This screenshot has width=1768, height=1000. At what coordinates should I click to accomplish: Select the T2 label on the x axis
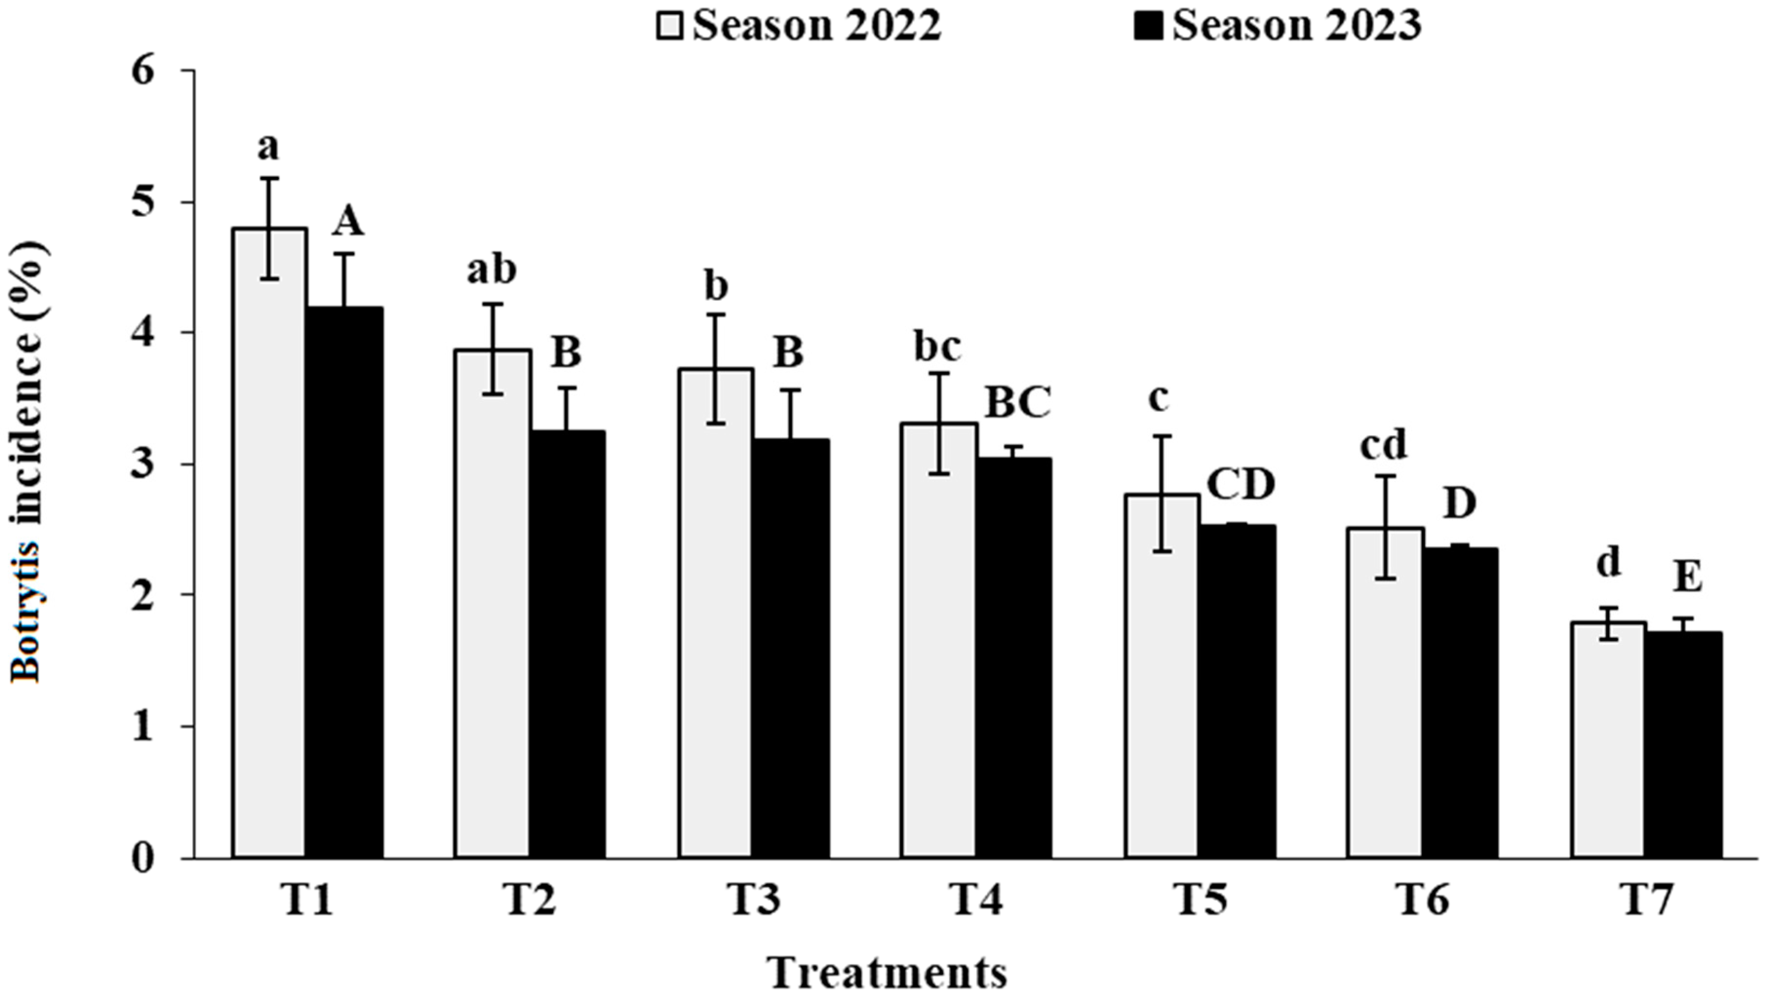530,901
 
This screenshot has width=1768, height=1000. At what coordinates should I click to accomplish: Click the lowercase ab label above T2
492,270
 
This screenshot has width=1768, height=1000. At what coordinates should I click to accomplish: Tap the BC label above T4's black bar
1018,404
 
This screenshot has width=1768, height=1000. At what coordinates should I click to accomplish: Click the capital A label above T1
348,223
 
